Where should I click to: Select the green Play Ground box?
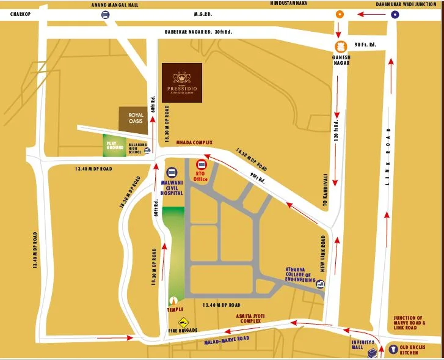(x=115, y=145)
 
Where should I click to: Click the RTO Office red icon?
(x=201, y=165)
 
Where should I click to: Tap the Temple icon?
(x=174, y=301)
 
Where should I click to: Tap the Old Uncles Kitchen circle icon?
(x=393, y=350)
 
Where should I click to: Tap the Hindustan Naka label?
(x=288, y=4)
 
